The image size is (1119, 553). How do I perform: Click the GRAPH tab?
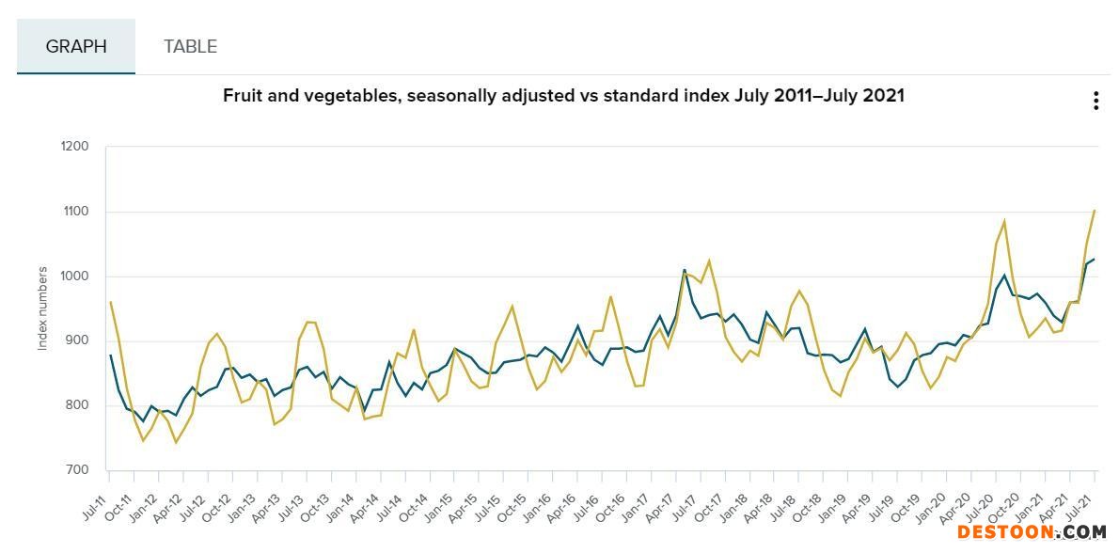(76, 46)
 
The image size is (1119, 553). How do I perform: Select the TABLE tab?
(190, 46)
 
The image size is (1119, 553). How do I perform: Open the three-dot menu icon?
(1095, 102)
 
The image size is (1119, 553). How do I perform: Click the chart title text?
(563, 95)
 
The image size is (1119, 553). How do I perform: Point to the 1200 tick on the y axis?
(75, 147)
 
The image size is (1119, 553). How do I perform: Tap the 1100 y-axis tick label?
(75, 212)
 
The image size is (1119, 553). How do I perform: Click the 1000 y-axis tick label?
(75, 276)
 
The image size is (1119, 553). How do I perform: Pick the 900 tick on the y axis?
(77, 341)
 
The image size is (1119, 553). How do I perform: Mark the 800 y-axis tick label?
(77, 406)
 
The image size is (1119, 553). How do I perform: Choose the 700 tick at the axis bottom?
(77, 470)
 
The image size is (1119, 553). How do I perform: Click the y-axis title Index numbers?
(42, 308)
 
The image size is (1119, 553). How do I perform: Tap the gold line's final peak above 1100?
(1095, 211)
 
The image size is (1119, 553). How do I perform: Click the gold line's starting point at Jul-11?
(111, 302)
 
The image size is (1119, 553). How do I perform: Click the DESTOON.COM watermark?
(1032, 532)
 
